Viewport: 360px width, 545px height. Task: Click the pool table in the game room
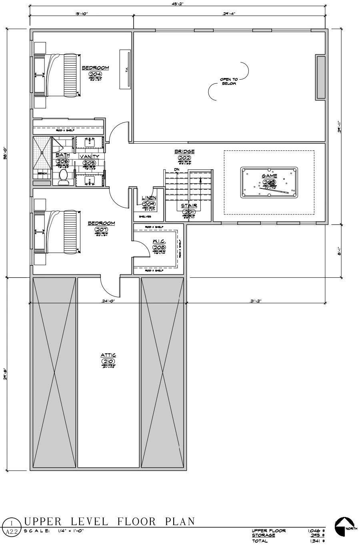(x=270, y=183)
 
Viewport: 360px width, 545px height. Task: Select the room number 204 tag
(x=95, y=74)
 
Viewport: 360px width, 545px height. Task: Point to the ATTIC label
(x=108, y=355)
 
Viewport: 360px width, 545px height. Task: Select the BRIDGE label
(x=184, y=152)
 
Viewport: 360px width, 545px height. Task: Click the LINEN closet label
(x=149, y=198)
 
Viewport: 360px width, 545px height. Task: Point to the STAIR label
(x=188, y=206)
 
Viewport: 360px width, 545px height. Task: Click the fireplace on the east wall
(x=320, y=77)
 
